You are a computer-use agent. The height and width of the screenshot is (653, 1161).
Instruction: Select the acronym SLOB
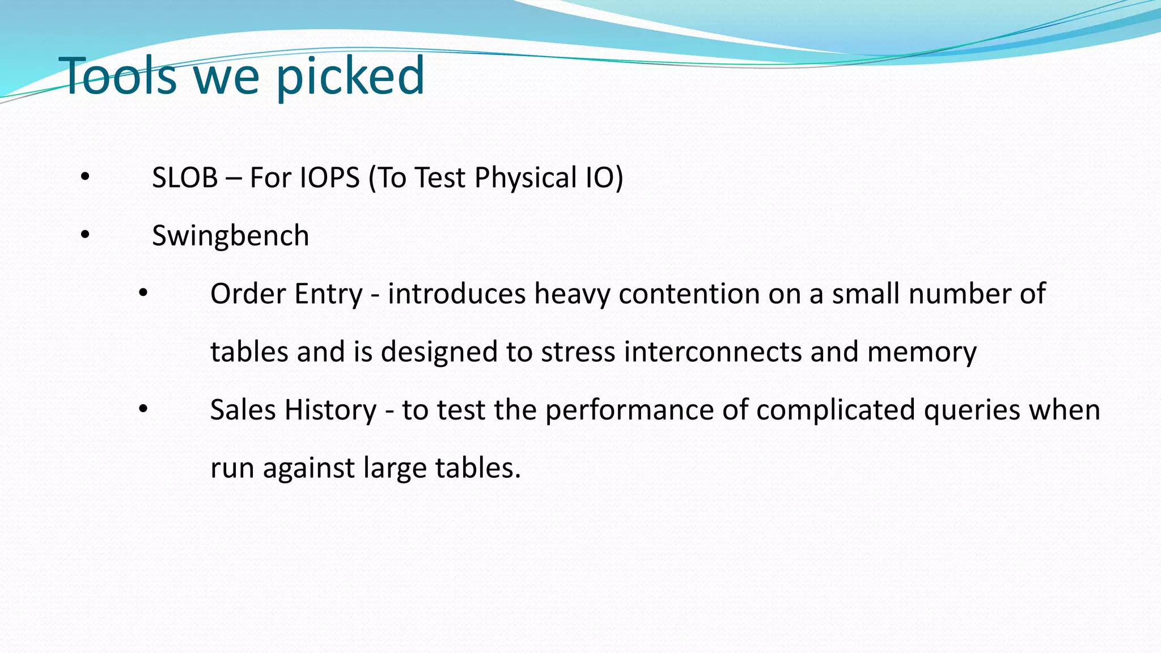click(x=185, y=177)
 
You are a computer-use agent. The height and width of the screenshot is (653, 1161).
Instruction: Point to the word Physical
click(x=526, y=177)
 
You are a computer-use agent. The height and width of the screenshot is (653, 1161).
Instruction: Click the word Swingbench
click(x=230, y=236)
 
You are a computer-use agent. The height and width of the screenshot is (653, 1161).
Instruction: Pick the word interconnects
click(x=713, y=352)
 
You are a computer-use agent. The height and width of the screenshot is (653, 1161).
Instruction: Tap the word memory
click(x=922, y=352)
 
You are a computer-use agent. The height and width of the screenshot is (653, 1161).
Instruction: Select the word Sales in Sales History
click(x=243, y=410)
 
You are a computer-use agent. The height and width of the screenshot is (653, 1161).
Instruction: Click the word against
click(x=308, y=468)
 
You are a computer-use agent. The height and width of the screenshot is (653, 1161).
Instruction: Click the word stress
click(x=578, y=352)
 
